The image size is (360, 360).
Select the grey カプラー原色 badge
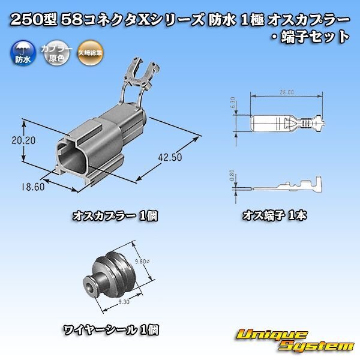[x=51, y=56]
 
